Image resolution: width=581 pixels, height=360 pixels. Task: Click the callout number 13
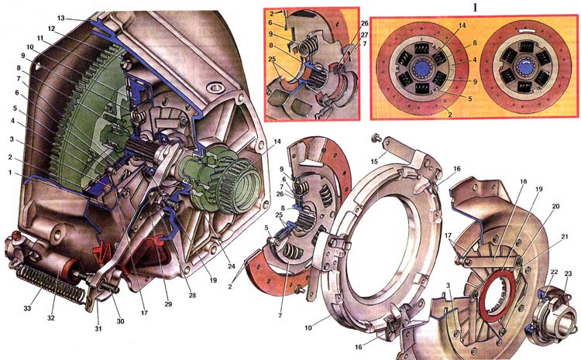[61, 18]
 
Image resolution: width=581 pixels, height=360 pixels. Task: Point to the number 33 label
[27, 308]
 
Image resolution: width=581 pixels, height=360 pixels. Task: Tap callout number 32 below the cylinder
[51, 317]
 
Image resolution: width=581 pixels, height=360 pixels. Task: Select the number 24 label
[231, 266]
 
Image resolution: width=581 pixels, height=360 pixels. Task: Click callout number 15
[374, 162]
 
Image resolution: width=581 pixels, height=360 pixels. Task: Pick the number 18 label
[523, 181]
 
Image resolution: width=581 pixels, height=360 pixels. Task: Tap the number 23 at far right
[569, 274]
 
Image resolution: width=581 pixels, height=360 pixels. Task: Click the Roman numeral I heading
[475, 8]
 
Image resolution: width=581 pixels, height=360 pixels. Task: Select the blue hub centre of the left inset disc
[421, 68]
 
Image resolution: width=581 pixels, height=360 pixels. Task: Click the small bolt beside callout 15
[376, 138]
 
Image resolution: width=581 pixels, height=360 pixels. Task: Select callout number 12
[51, 29]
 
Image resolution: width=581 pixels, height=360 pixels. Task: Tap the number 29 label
[168, 304]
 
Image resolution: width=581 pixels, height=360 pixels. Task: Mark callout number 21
[564, 237]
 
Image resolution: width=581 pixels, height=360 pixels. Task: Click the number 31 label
[99, 328]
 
